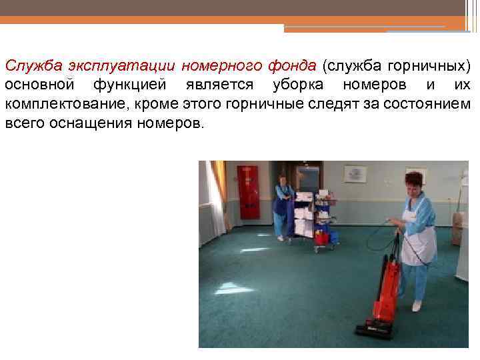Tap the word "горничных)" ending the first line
pyautogui.click(x=433, y=66)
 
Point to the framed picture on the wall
pyautogui.click(x=355, y=175)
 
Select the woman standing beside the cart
pyautogui.click(x=283, y=207)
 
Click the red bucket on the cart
pyautogui.click(x=321, y=237)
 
